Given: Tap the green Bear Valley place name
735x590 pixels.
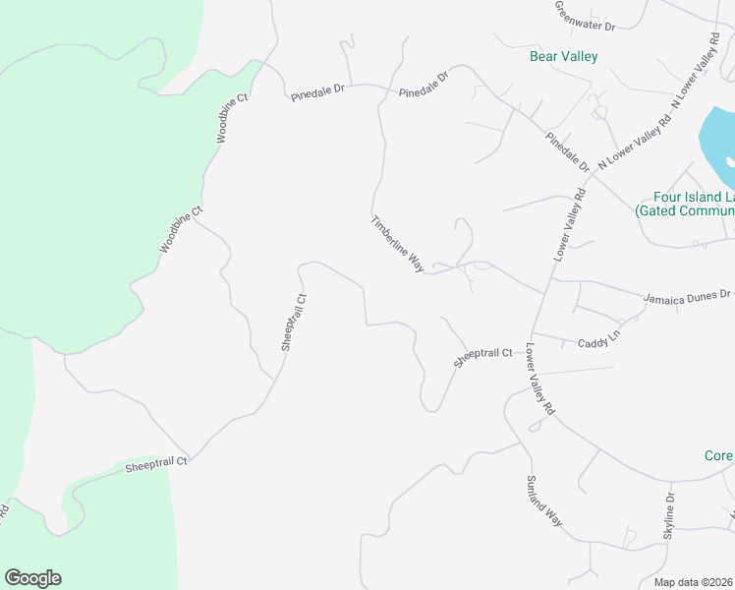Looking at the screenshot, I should pyautogui.click(x=563, y=57).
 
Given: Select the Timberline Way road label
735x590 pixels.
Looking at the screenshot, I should pyautogui.click(x=397, y=243).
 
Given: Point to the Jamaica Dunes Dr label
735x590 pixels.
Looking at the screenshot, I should pyautogui.click(x=688, y=295).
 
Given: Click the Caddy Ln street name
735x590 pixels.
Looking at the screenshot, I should pyautogui.click(x=599, y=339).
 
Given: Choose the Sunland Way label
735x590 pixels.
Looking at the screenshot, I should pyautogui.click(x=543, y=501).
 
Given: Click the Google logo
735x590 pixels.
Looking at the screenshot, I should pyautogui.click(x=32, y=578).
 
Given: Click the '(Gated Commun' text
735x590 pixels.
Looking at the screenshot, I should pyautogui.click(x=685, y=210).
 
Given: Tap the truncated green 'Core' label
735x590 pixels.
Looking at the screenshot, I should pyautogui.click(x=718, y=456).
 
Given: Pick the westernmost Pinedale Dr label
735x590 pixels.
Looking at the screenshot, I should pyautogui.click(x=317, y=91).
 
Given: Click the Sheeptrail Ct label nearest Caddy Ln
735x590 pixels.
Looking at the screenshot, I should pyautogui.click(x=483, y=357).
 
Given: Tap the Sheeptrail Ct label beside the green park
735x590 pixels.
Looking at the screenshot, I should pyautogui.click(x=155, y=465).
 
